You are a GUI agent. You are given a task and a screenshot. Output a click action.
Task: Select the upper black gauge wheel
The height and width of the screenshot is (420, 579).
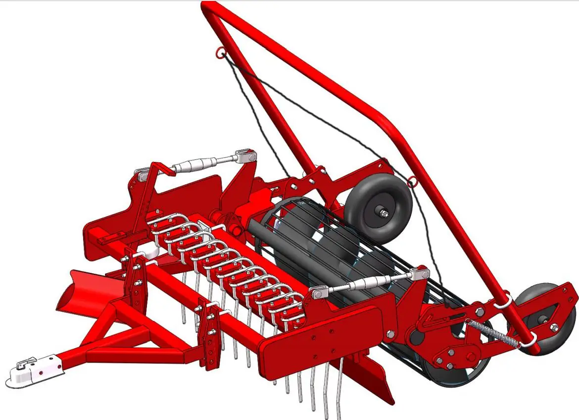pyautogui.click(x=379, y=209)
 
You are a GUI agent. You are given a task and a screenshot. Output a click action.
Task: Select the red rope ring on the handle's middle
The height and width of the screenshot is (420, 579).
pyautogui.click(x=412, y=183)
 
